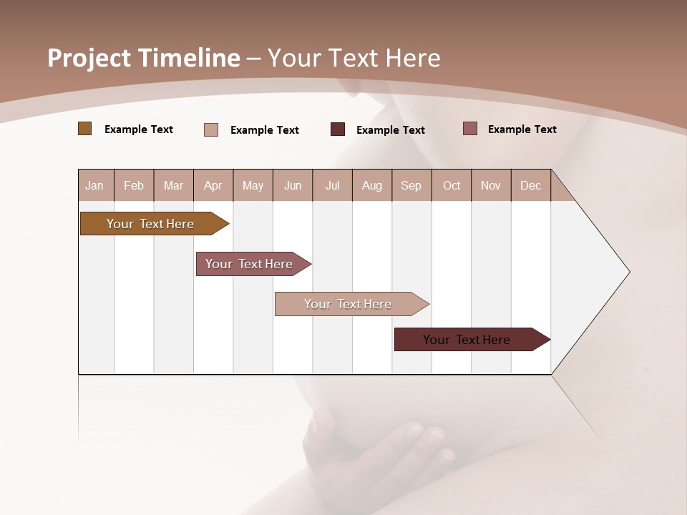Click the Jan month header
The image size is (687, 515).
tap(94, 185)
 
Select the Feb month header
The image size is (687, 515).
tap(134, 185)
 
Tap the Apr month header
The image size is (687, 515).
tap(213, 185)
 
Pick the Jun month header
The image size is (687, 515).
tap(293, 185)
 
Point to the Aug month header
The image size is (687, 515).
tap(371, 185)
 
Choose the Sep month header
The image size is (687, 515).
tap(411, 185)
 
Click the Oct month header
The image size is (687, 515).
tap(452, 185)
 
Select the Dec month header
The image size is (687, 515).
tap(530, 185)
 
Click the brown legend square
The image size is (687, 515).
tap(85, 129)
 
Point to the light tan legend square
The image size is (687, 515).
tap(211, 129)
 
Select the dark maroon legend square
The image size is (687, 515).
tap(338, 129)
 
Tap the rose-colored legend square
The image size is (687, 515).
tap(470, 129)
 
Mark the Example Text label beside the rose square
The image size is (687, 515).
tap(522, 129)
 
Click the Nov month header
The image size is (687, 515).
tap(491, 185)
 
